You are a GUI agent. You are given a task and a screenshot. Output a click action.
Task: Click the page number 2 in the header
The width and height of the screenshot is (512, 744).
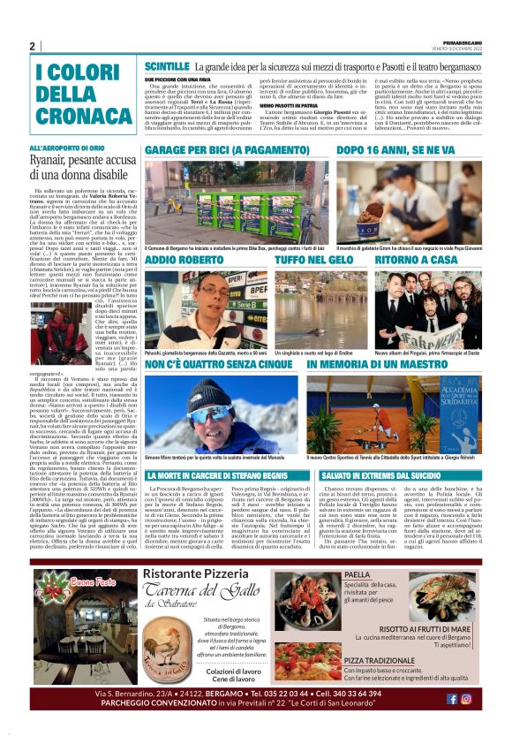[x=32, y=46]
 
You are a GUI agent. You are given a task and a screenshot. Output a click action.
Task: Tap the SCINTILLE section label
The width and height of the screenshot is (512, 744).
[x=167, y=66]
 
